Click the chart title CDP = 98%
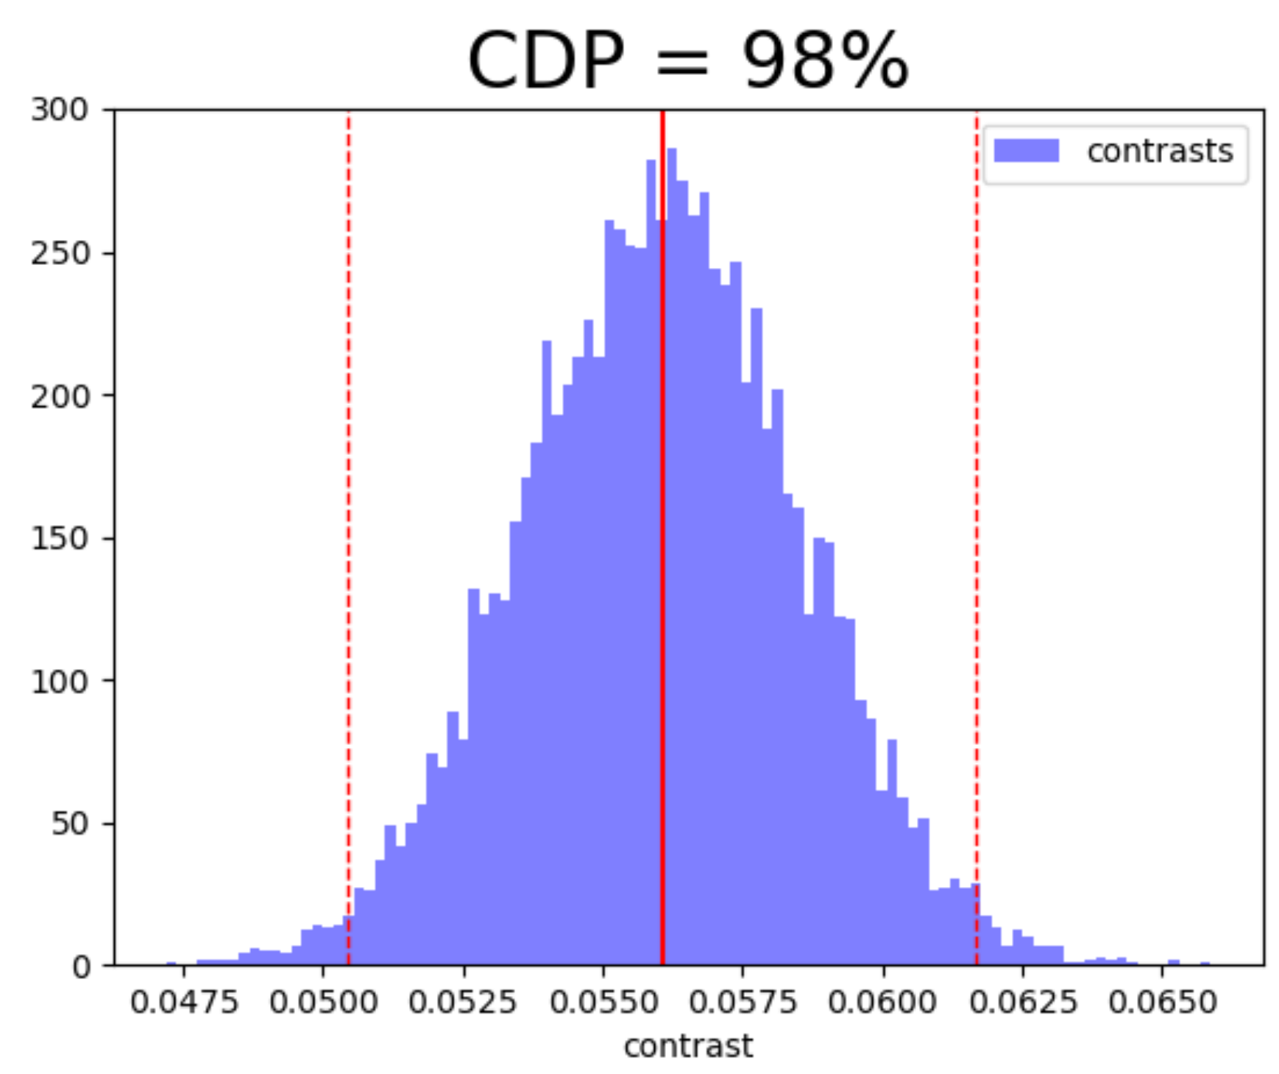pos(687,60)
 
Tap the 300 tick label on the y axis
pos(59,110)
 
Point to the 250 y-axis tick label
pos(59,253)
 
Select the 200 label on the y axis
pos(59,396)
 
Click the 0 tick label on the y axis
pos(81,967)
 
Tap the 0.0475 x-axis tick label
pos(184,1003)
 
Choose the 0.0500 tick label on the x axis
pos(324,1003)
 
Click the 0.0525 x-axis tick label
pos(463,1003)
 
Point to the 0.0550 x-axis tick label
pos(603,1003)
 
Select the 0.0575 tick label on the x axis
pos(743,1003)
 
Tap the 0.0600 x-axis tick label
pos(883,1003)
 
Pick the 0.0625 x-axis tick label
pos(1022,1003)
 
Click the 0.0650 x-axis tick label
pos(1162,1003)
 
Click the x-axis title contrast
pos(688,1046)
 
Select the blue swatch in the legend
pos(1026,151)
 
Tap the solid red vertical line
pos(662,515)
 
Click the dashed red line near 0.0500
pos(349,515)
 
